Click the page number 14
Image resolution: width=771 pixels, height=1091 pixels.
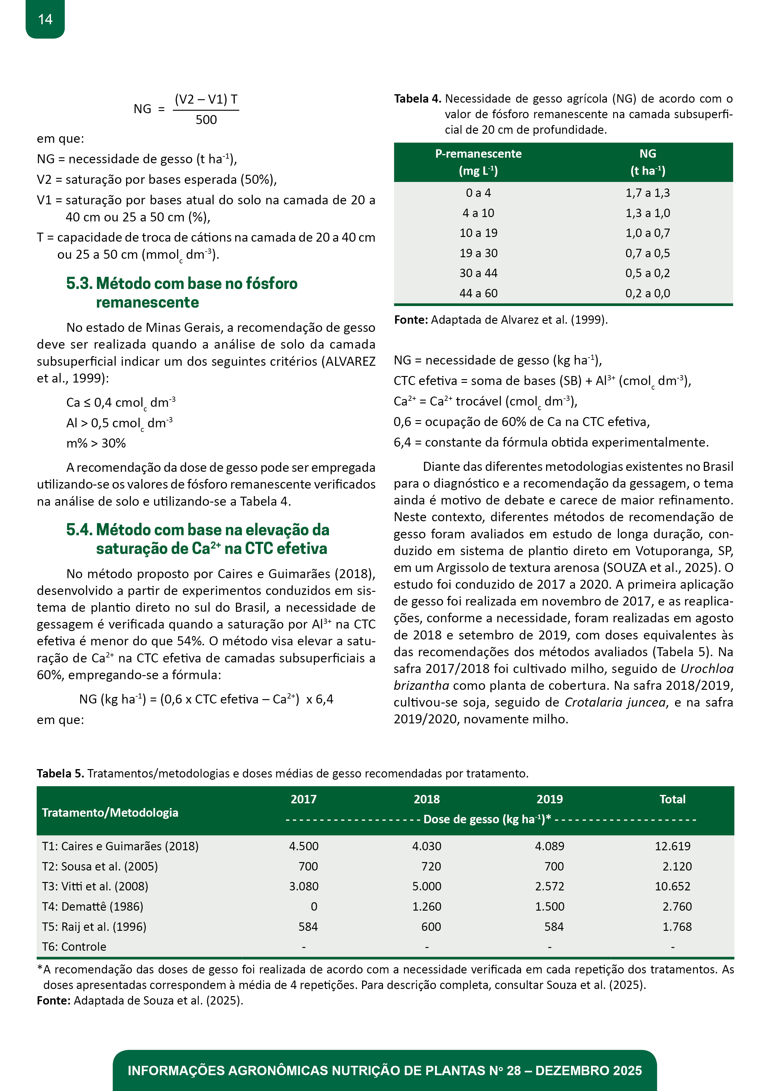pos(45,20)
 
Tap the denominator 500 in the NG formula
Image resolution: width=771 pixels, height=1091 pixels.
pos(206,120)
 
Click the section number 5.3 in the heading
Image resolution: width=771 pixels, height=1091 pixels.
pos(79,283)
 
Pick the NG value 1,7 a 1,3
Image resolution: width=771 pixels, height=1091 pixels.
pos(648,193)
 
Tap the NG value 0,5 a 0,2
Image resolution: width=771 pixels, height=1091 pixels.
pos(648,273)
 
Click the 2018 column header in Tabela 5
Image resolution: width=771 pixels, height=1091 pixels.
pos(427,799)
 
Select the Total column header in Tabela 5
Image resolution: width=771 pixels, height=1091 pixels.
pos(672,799)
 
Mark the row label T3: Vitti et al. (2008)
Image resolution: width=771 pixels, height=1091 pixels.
pos(95,886)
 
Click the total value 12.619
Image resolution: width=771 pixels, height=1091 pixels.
pos(672,846)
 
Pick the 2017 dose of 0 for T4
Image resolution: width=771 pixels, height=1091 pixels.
pos(314,907)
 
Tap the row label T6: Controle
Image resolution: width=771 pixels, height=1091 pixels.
pos(74,947)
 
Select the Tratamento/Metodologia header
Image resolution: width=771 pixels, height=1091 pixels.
pos(110,813)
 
